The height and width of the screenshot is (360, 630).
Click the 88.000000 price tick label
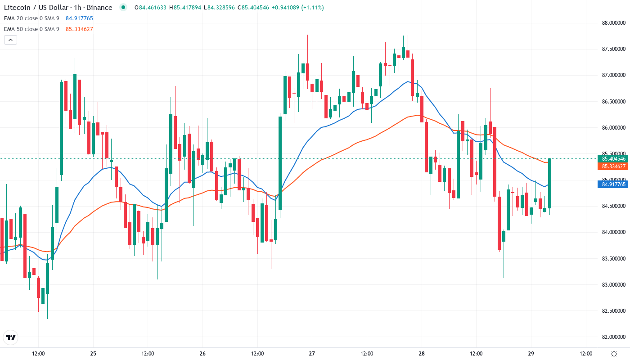click(x=613, y=23)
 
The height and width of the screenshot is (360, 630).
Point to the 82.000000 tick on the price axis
click(x=613, y=337)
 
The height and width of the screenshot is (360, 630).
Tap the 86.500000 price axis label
click(x=613, y=102)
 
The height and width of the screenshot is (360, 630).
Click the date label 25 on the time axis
click(x=93, y=353)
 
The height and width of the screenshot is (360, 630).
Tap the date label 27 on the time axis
click(x=312, y=353)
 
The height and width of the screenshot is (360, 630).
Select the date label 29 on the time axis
click(x=531, y=353)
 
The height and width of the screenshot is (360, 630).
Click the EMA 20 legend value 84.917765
click(x=79, y=18)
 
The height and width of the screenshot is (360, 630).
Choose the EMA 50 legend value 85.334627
click(x=79, y=29)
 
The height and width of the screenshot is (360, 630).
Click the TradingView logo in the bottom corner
click(x=11, y=337)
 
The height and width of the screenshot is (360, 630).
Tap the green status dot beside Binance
click(x=123, y=7)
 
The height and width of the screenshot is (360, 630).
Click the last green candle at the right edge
click(x=550, y=183)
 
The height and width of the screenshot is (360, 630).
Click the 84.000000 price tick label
click(x=613, y=232)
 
